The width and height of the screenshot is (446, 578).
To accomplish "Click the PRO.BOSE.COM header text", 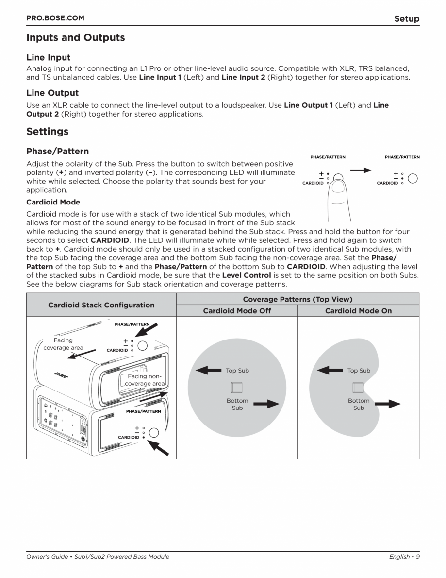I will pos(55,18).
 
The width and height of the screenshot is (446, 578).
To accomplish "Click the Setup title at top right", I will pos(406,19).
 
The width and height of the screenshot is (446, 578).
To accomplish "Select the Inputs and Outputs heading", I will pos(75,37).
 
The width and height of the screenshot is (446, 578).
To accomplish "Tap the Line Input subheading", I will pos(48,57).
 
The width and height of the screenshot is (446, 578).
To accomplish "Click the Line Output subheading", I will pos(52,92).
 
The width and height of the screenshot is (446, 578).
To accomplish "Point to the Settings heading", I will pos(47,131).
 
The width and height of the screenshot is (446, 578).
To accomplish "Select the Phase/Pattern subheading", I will pos(57,152).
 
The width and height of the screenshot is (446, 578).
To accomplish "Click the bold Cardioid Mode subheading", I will pos(53,202).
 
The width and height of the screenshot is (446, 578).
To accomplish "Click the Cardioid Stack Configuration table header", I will pos(101,305).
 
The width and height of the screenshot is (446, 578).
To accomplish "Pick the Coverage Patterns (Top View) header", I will pos(297,299).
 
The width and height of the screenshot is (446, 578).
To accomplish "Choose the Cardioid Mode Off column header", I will pos(237,311).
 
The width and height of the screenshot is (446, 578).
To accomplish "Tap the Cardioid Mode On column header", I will pos(358,311).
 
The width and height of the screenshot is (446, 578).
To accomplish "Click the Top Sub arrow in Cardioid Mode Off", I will pos(208,371).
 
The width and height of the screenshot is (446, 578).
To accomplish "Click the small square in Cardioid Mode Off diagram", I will pos(237,387).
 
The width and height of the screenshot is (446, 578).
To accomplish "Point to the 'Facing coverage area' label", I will pos(63,344).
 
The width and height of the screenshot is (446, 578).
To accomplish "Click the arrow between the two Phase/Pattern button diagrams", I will pos(361,170).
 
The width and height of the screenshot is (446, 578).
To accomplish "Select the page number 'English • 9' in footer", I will pos(404,557).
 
